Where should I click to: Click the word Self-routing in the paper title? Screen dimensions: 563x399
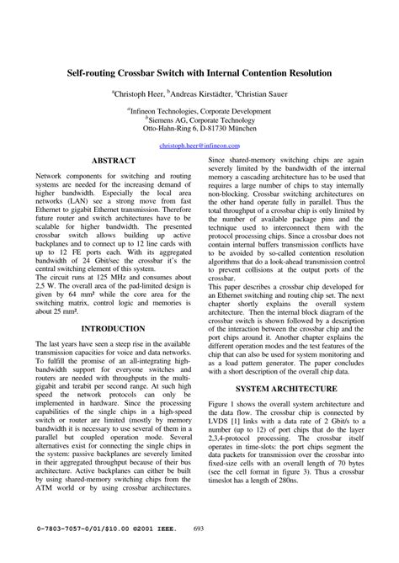click(x=93, y=74)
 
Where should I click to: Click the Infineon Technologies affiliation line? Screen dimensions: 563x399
click(x=199, y=110)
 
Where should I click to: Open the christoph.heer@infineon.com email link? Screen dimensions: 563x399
click(x=199, y=145)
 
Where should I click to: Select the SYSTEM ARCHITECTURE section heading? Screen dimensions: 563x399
click(x=286, y=389)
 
